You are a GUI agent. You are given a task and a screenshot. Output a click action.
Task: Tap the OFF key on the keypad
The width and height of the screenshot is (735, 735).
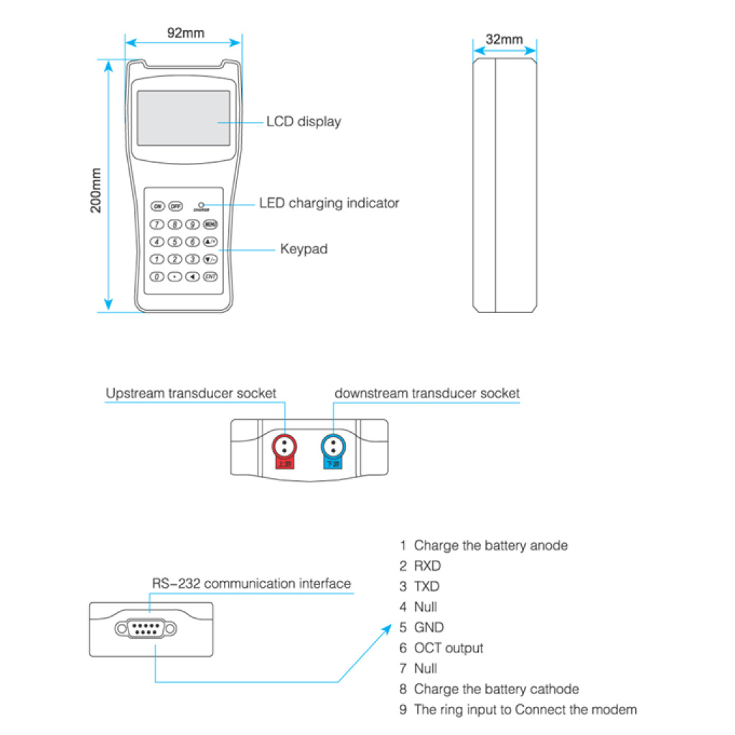(175, 206)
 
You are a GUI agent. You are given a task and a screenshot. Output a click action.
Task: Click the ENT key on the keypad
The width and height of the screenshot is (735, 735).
(210, 276)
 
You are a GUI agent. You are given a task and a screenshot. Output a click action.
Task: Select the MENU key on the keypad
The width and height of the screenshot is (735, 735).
(210, 224)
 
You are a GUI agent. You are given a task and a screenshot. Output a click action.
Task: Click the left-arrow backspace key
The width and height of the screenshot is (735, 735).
(192, 276)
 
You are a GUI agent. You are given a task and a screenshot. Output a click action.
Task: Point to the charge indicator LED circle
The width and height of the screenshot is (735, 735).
(201, 205)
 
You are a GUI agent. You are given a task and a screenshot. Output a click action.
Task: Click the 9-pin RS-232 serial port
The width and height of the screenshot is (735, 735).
(146, 629)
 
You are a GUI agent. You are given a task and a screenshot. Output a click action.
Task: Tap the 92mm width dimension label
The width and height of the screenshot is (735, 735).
(184, 33)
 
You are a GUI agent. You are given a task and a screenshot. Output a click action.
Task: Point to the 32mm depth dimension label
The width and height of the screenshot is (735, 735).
(504, 39)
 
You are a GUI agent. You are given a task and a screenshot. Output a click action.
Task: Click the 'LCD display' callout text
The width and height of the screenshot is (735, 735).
(304, 122)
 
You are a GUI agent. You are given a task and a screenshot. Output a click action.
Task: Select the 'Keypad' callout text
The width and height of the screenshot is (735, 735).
(304, 250)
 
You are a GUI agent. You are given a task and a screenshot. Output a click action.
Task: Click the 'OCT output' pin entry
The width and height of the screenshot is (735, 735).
(448, 648)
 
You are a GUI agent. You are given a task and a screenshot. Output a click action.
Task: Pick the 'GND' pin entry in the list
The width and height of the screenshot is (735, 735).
(429, 627)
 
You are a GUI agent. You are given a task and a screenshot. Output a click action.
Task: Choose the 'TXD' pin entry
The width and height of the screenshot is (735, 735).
(427, 586)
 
